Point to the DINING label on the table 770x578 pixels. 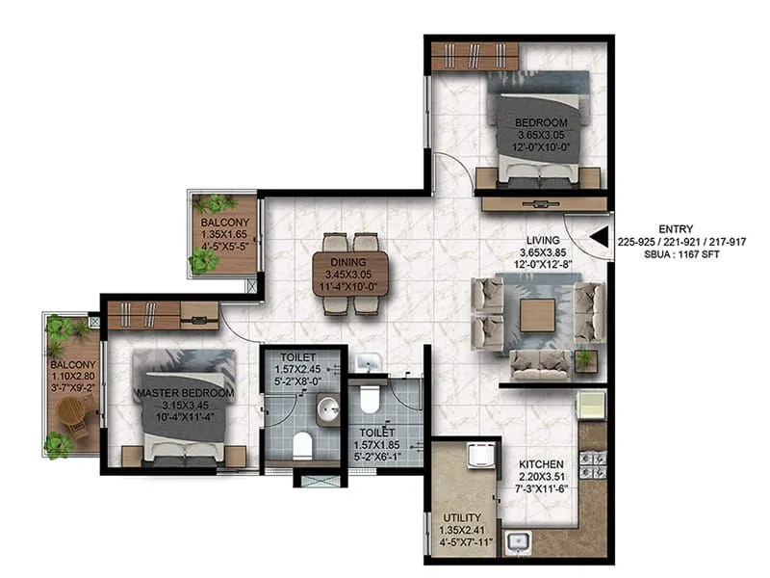[350, 263]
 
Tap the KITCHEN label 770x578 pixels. [540, 463]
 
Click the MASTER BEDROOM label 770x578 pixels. [185, 394]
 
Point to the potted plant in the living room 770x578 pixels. [584, 359]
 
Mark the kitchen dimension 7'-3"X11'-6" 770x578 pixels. [540, 491]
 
